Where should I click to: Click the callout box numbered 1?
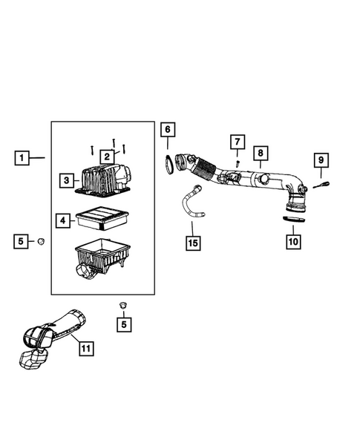(x=22, y=158)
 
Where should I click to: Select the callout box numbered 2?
(x=107, y=157)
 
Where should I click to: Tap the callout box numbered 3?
(x=67, y=180)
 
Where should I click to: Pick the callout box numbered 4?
(x=63, y=221)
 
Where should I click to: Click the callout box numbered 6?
(x=168, y=129)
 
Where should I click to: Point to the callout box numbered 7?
(x=238, y=142)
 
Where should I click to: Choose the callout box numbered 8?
(x=261, y=153)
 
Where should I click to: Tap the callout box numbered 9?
(x=321, y=160)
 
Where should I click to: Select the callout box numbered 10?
(x=293, y=241)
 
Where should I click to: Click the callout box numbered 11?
(x=86, y=349)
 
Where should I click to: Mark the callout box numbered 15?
(x=193, y=243)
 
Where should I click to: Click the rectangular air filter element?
(x=102, y=218)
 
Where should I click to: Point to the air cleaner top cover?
(x=103, y=181)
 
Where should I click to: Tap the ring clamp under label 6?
(x=169, y=165)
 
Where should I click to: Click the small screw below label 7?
(x=238, y=162)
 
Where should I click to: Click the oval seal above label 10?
(x=294, y=220)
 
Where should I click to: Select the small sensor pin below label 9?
(x=321, y=185)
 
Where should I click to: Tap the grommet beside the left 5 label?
(x=42, y=241)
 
